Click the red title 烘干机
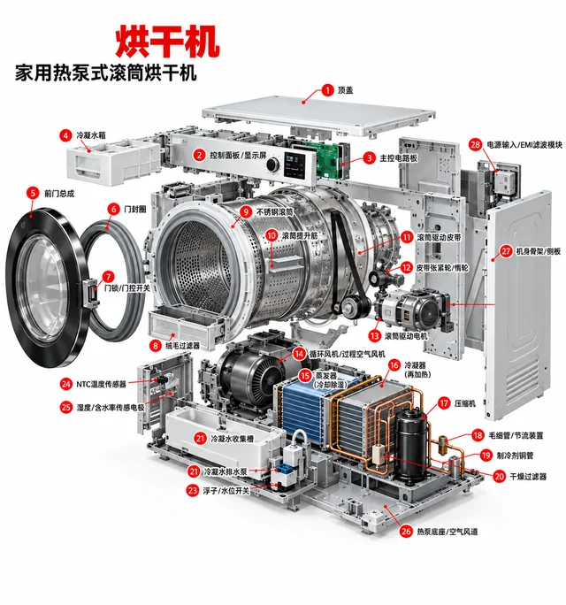167,41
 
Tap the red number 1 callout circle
327,90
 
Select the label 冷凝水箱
91,135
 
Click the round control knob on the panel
272,164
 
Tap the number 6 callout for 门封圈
113,210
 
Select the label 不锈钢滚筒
275,212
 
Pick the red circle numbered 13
375,336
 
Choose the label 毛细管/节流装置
516,435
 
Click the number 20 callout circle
500,477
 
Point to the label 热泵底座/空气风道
447,532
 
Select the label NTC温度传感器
101,384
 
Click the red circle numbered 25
66,407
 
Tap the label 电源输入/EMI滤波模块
524,145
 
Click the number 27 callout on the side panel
506,251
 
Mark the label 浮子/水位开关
226,491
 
